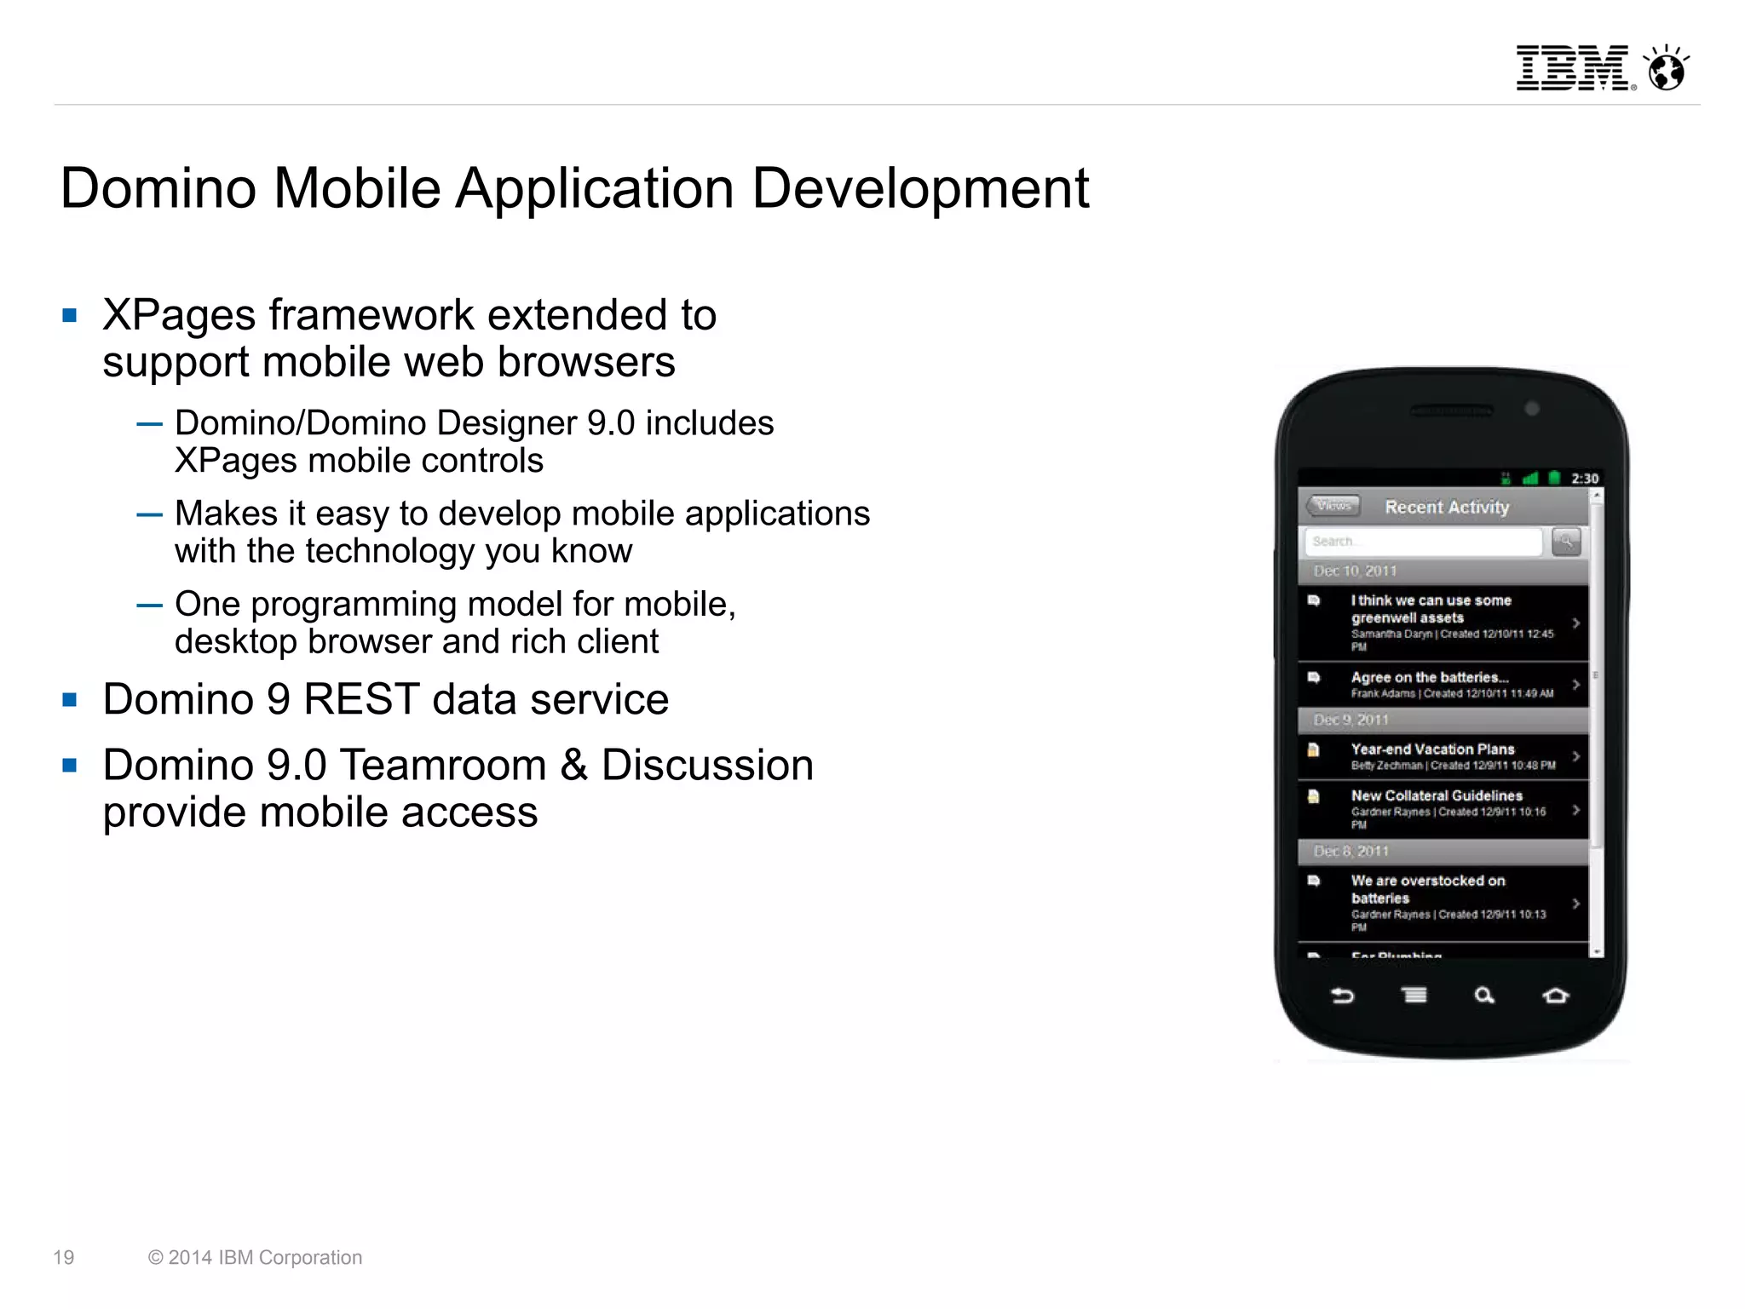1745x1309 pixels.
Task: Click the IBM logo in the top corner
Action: [1573, 68]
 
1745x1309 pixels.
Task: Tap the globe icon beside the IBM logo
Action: [1666, 68]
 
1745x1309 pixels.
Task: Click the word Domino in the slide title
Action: [158, 187]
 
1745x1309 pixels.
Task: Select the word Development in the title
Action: [920, 187]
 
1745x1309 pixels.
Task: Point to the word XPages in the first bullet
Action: [179, 315]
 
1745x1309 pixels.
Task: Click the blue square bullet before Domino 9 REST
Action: [70, 700]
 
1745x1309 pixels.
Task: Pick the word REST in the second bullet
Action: [361, 700]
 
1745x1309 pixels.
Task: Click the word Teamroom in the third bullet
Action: [443, 765]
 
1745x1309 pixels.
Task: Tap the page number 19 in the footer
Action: [64, 1257]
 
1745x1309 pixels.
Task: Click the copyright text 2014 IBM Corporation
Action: [256, 1257]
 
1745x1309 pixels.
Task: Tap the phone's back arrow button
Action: [1343, 995]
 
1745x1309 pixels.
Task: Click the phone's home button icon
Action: [1555, 995]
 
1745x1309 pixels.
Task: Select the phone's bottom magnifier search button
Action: [1484, 995]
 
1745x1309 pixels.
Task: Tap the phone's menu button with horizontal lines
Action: [1414, 995]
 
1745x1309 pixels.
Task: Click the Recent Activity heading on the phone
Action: [1447, 508]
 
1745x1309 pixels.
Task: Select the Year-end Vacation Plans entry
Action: [1433, 749]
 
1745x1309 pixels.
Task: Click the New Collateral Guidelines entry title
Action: [1437, 795]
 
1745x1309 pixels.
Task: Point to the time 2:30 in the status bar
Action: [1585, 479]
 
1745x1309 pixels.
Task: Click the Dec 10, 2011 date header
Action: [1355, 571]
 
